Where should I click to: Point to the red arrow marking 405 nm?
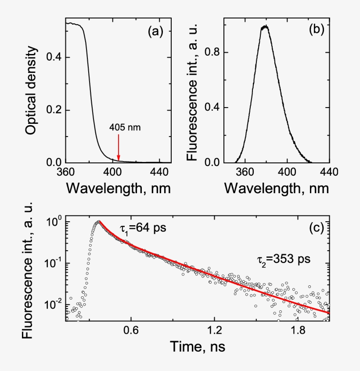point(118,148)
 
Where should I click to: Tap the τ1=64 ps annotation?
point(140,229)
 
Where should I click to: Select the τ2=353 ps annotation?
point(284,259)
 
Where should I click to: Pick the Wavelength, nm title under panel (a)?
point(118,188)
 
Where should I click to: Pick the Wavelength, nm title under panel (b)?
point(276,188)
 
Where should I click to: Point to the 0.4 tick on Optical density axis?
point(52,58)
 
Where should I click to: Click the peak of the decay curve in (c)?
point(99,222)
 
